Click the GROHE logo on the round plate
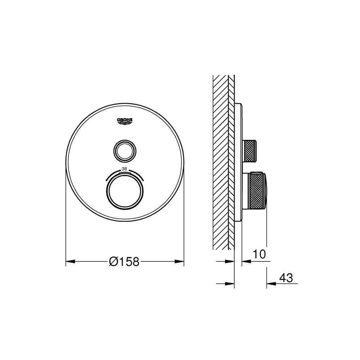pos(125,121)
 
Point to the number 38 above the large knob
pos(124,169)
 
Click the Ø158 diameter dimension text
pos(124,261)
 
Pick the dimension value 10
pos(259,254)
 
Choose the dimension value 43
pos(286,278)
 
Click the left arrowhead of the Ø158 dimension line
pos(71,261)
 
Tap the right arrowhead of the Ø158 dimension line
pos(179,261)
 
